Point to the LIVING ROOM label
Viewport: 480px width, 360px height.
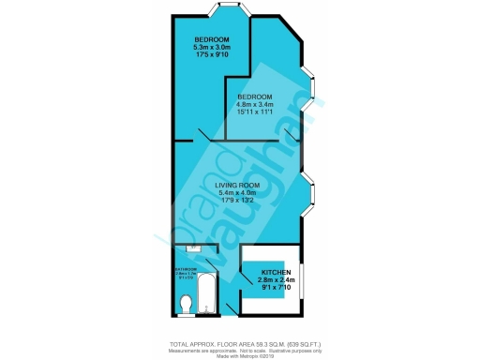coord(238,186)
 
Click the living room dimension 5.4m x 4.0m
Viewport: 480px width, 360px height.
coord(238,194)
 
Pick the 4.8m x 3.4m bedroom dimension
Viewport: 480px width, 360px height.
coord(254,106)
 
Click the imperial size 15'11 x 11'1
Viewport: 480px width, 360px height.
coord(254,114)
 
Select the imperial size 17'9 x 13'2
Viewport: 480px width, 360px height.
coord(238,202)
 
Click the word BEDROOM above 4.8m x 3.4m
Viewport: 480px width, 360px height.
coord(254,97)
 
